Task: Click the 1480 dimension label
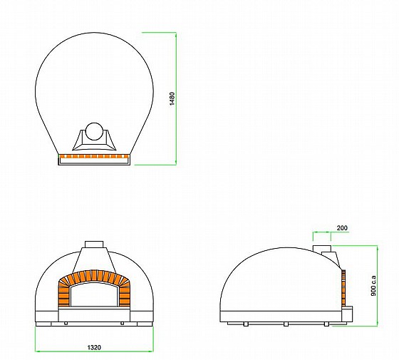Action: pyautogui.click(x=172, y=99)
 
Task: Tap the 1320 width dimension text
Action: pyautogui.click(x=94, y=347)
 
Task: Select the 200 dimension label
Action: pyautogui.click(x=342, y=228)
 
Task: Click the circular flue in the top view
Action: pyautogui.click(x=94, y=131)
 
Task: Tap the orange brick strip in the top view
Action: pyautogui.click(x=94, y=156)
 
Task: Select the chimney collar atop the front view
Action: pyautogui.click(x=94, y=244)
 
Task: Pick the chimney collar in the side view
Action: pyautogui.click(x=322, y=249)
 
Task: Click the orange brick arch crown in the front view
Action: pyautogui.click(x=94, y=276)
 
